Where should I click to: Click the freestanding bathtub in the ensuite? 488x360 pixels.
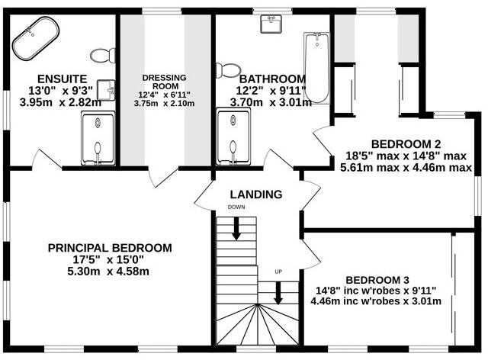point(36,38)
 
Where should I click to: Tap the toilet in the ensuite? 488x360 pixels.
point(103,56)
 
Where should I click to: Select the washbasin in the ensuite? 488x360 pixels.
point(106,90)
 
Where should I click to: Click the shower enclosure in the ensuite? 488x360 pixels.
point(98,138)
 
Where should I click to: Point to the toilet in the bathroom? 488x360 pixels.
point(229,70)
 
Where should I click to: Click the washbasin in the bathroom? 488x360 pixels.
point(271,24)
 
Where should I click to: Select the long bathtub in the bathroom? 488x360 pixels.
point(316,68)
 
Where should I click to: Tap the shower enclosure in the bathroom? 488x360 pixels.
point(233,137)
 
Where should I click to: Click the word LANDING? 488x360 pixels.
point(256,194)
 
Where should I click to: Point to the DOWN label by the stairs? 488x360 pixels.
point(236,207)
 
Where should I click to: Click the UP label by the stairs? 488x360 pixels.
point(278,272)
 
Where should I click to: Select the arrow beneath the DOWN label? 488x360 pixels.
point(236,229)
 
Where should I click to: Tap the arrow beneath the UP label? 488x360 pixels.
point(278,293)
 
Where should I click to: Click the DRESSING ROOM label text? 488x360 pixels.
point(165,82)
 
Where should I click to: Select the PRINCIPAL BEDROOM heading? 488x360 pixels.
point(110,248)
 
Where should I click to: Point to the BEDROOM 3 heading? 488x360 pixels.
point(377,280)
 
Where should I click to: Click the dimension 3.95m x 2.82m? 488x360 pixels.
point(60,102)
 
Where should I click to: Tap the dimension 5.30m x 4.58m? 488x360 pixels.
point(108,272)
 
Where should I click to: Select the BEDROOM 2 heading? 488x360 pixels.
point(406,144)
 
